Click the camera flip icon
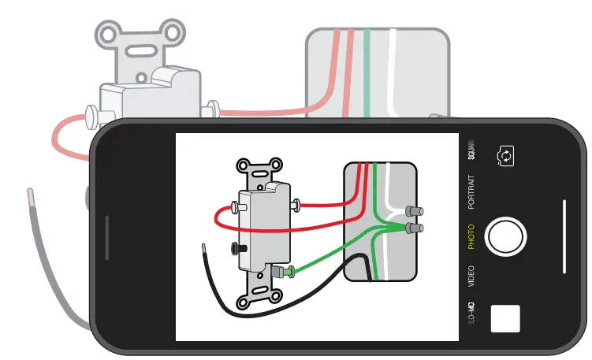[505, 156]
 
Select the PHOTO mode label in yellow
[471, 236]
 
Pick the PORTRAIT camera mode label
[471, 191]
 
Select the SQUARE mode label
[471, 150]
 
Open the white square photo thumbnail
[505, 317]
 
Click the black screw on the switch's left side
[234, 249]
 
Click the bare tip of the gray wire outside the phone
[30, 194]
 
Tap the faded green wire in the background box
[367, 71]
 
